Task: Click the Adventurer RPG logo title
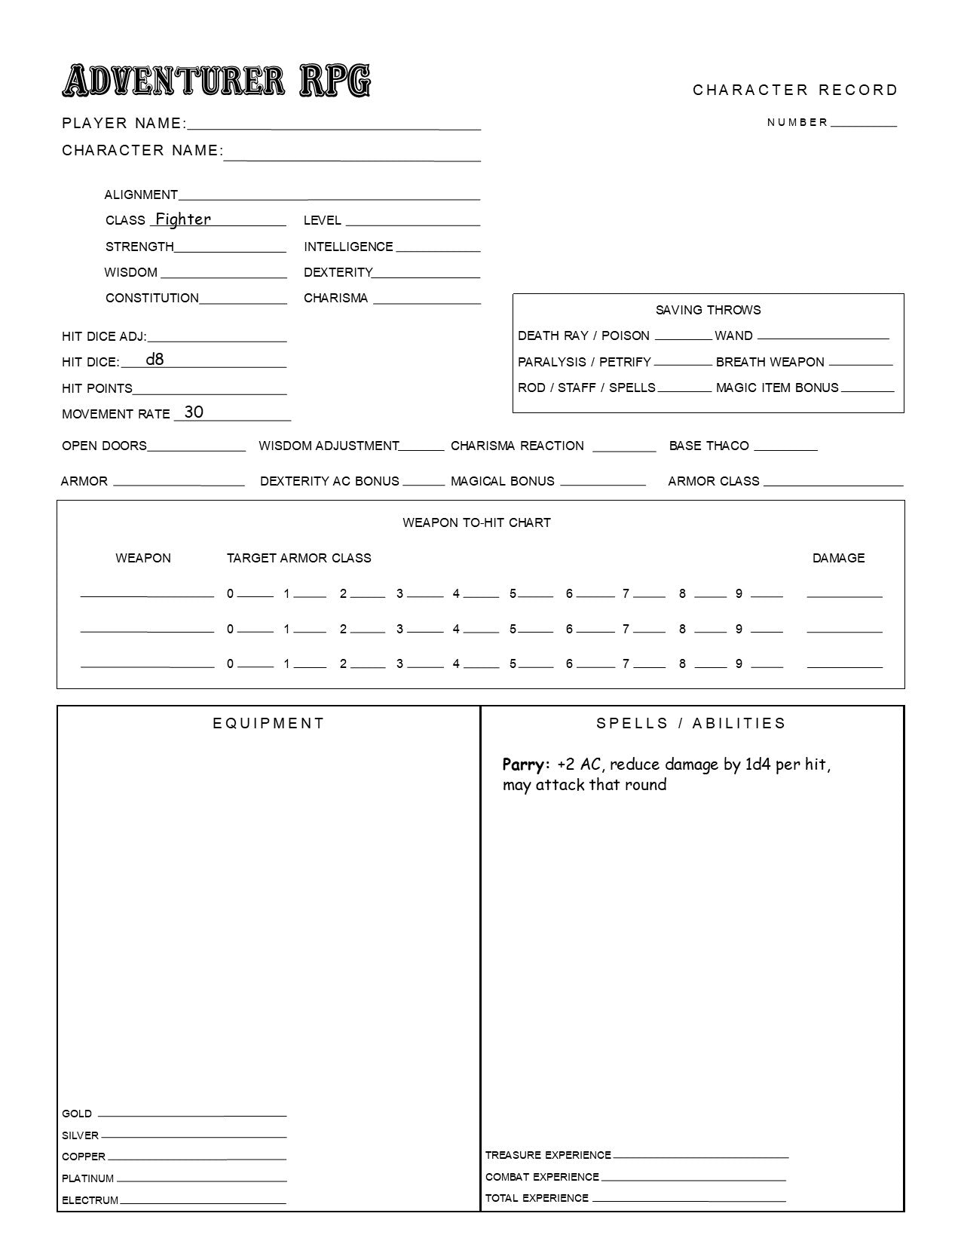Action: (x=216, y=81)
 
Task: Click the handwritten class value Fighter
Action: (x=182, y=219)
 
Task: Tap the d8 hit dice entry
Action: (x=155, y=360)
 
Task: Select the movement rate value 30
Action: (x=194, y=412)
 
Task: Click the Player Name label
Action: (x=124, y=124)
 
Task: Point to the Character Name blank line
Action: (x=352, y=160)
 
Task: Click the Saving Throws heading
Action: (x=708, y=310)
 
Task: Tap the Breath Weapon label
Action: (x=770, y=362)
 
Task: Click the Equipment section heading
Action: (x=268, y=723)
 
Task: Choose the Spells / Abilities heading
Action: (x=691, y=723)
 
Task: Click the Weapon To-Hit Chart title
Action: (x=476, y=522)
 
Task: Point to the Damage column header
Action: (x=838, y=558)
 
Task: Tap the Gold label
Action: (x=77, y=1114)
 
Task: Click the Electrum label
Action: (x=90, y=1200)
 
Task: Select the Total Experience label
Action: (x=537, y=1198)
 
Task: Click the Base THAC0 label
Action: (x=709, y=446)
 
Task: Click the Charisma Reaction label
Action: (x=517, y=446)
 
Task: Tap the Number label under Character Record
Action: (x=797, y=122)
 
